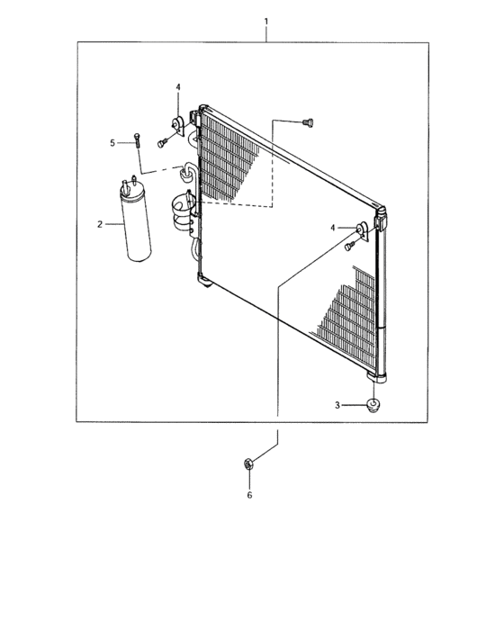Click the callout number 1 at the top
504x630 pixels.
265,21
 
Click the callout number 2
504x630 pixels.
100,224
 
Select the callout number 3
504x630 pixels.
337,405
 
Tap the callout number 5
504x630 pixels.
112,142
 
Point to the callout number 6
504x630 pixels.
249,495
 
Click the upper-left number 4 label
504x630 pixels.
178,86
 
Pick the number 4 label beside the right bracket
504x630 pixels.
332,228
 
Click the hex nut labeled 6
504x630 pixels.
248,464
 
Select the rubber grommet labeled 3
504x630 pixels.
373,404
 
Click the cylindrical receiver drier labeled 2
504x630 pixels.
136,222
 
